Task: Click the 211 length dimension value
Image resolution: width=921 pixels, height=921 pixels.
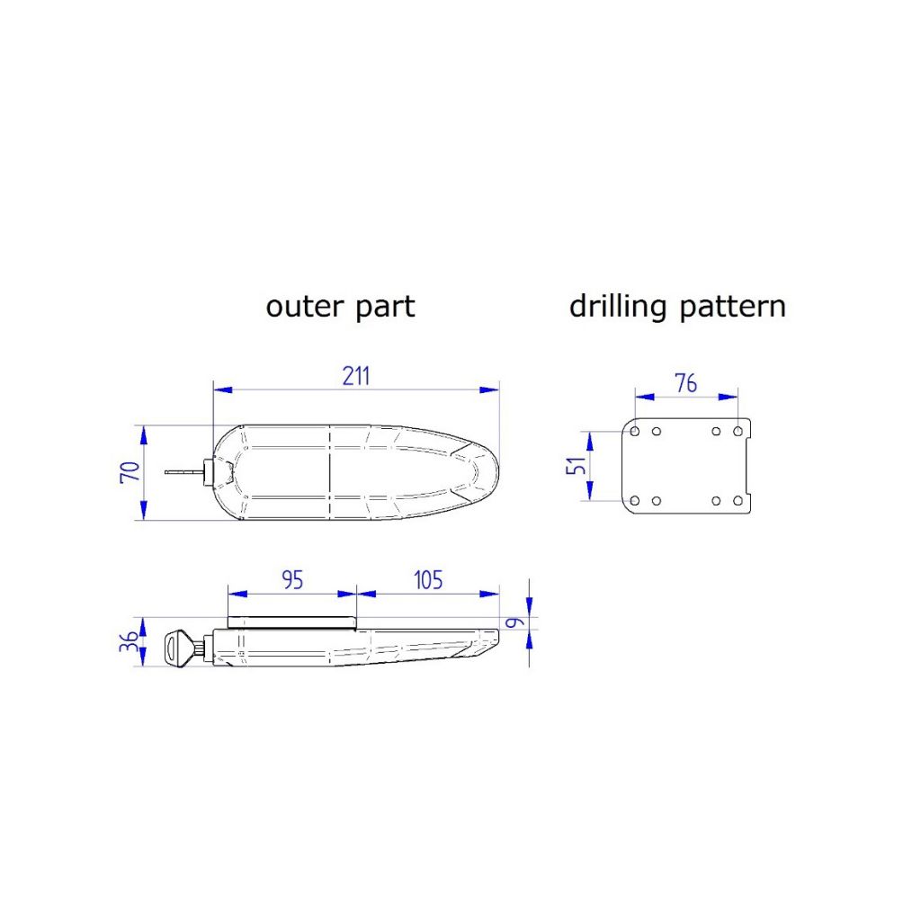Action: (356, 375)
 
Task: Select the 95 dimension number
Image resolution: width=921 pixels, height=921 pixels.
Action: (292, 579)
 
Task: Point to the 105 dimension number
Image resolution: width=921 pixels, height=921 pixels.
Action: (427, 579)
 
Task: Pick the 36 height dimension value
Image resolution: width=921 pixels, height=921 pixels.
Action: (130, 643)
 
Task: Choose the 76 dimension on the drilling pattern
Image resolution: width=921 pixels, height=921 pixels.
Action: (685, 382)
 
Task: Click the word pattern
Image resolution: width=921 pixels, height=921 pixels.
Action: (732, 307)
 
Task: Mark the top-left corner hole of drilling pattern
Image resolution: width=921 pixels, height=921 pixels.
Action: (636, 432)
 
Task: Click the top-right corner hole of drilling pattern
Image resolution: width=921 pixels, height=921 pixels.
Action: (738, 432)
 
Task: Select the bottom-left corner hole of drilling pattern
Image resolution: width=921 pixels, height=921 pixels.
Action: (636, 500)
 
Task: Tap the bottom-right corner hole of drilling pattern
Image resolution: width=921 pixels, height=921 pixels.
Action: (738, 500)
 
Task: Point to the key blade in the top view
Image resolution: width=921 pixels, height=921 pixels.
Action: (184, 471)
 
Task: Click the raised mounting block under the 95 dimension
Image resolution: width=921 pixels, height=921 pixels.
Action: (292, 621)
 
